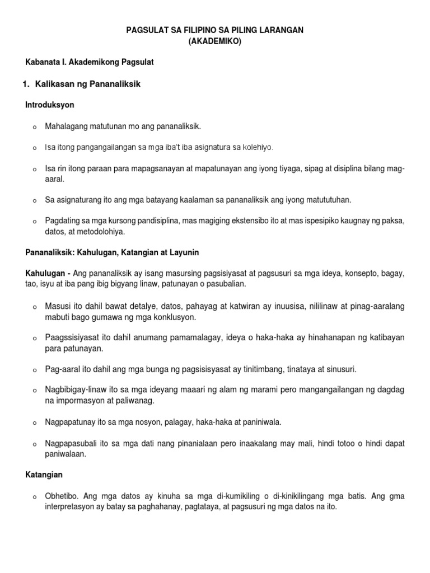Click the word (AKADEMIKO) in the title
tap(215, 41)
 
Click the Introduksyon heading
tap(50, 105)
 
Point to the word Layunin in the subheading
tap(181, 253)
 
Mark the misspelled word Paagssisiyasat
tap(70, 338)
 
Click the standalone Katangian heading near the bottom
tap(44, 475)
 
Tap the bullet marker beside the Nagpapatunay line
tap(35, 422)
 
